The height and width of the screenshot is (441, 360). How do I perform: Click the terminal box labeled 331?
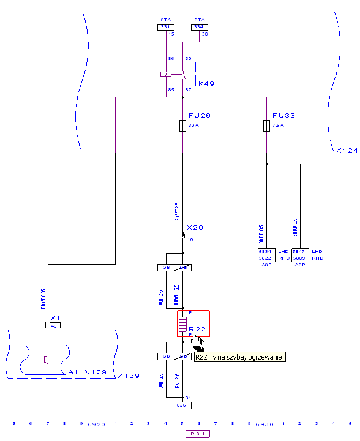tap(165, 27)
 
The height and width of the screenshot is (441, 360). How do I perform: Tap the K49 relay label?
tap(206, 83)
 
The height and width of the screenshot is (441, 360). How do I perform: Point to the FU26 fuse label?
tap(199, 115)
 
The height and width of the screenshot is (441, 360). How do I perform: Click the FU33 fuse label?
tap(283, 115)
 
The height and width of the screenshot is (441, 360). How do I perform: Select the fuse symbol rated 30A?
tap(182, 126)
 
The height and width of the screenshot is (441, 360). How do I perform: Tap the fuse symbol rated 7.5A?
tap(266, 126)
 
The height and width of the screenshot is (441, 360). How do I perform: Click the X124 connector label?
tap(347, 150)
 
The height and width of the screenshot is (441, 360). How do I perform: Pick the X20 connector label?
tap(195, 227)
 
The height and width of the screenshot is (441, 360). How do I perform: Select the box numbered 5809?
tap(300, 258)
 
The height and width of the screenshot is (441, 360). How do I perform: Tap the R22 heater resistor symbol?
tap(182, 323)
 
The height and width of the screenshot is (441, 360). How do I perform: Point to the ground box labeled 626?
tap(182, 405)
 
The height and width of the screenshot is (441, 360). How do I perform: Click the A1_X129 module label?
tap(87, 372)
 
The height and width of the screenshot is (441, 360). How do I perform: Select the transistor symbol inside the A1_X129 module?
tap(45, 359)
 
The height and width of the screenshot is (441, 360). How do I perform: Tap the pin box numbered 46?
tap(54, 326)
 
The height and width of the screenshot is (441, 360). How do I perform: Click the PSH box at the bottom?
tap(199, 434)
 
